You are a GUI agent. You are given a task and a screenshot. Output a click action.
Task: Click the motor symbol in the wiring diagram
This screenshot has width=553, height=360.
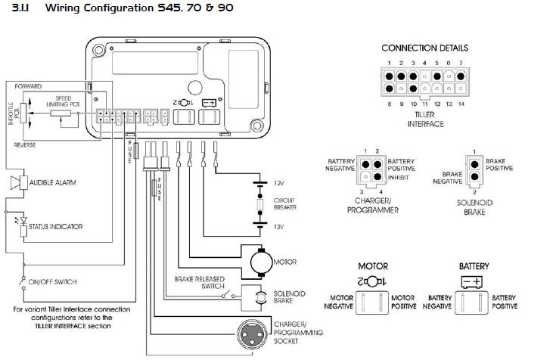pyautogui.click(x=259, y=262)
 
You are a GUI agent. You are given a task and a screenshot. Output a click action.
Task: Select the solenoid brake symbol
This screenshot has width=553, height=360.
pyautogui.click(x=259, y=296)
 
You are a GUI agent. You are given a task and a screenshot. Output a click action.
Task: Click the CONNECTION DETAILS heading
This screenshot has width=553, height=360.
pyautogui.click(x=424, y=48)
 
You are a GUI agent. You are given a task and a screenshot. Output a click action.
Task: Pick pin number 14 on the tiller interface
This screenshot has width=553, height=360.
pyautogui.click(x=461, y=104)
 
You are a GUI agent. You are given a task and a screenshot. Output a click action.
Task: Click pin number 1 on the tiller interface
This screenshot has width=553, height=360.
pyautogui.click(x=389, y=62)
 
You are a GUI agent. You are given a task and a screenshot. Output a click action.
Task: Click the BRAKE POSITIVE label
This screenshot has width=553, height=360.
pyautogui.click(x=499, y=164)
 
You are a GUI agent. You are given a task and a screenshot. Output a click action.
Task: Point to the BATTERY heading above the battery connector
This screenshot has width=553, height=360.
pyautogui.click(x=474, y=266)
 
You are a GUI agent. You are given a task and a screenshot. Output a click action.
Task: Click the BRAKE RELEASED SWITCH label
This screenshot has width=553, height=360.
pyautogui.click(x=200, y=282)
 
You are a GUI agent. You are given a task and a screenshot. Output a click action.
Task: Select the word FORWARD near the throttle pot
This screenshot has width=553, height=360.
pyautogui.click(x=28, y=87)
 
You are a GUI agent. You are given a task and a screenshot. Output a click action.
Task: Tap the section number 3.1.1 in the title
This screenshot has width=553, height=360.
pyautogui.click(x=20, y=8)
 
